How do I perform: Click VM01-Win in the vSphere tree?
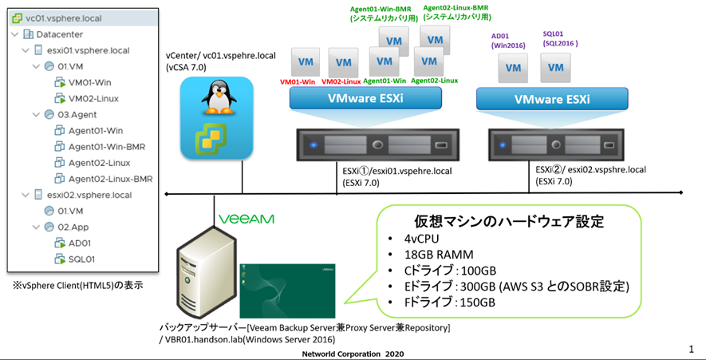coord(89,82)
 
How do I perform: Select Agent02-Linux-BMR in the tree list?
coord(109,178)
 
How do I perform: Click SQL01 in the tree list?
coord(81,259)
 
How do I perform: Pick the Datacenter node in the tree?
coord(59,34)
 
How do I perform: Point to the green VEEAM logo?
coord(247,218)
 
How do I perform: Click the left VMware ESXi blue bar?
coord(365,99)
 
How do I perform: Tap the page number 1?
coord(691,349)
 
